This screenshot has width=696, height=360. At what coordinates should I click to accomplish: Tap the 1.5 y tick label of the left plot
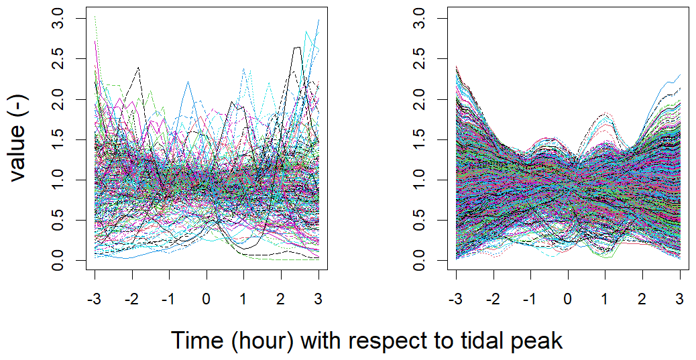[x=67, y=139]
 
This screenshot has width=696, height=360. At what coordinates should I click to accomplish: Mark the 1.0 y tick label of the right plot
[x=421, y=180]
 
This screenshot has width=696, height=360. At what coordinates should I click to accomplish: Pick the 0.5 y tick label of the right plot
[x=421, y=220]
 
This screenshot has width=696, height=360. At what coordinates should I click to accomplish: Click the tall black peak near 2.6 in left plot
[x=297, y=48]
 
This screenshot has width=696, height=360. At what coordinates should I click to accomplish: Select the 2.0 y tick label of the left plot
[x=67, y=99]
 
